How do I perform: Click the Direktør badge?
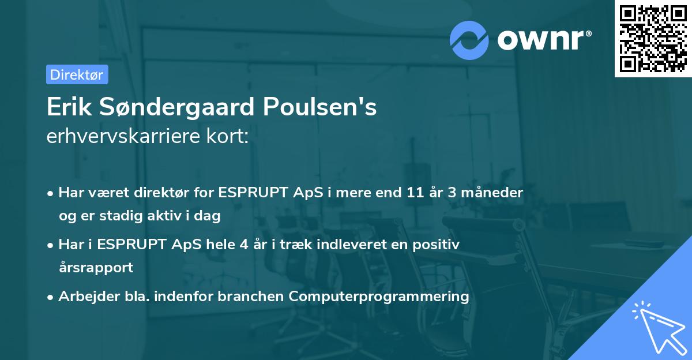click(77, 74)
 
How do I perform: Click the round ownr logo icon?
click(469, 40)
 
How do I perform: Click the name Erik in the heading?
click(66, 107)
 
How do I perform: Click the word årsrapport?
click(96, 267)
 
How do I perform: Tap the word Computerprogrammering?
click(379, 297)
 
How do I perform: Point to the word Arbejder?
click(84, 297)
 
